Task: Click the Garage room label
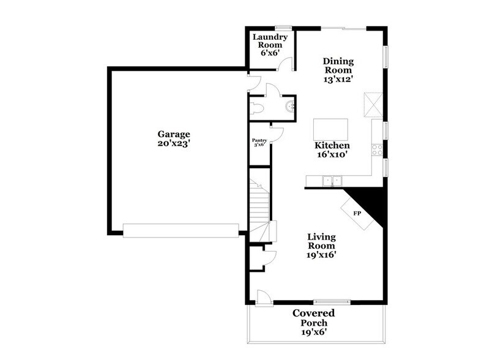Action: [174, 134]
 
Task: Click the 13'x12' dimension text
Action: [339, 79]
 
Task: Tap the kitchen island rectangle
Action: [330, 130]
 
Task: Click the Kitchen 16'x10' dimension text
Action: [332, 156]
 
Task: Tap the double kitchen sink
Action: [332, 181]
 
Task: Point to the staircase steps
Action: [259, 202]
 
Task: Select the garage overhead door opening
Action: [181, 230]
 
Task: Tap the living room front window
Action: [332, 301]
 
